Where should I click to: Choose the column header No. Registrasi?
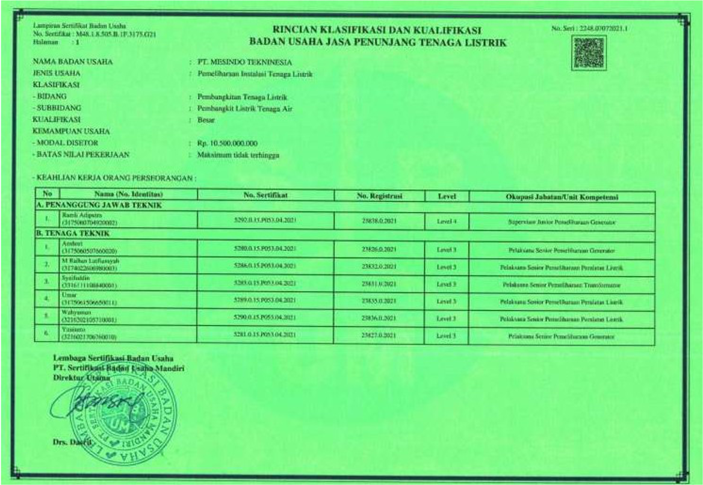(x=378, y=196)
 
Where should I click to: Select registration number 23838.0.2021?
(x=378, y=221)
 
